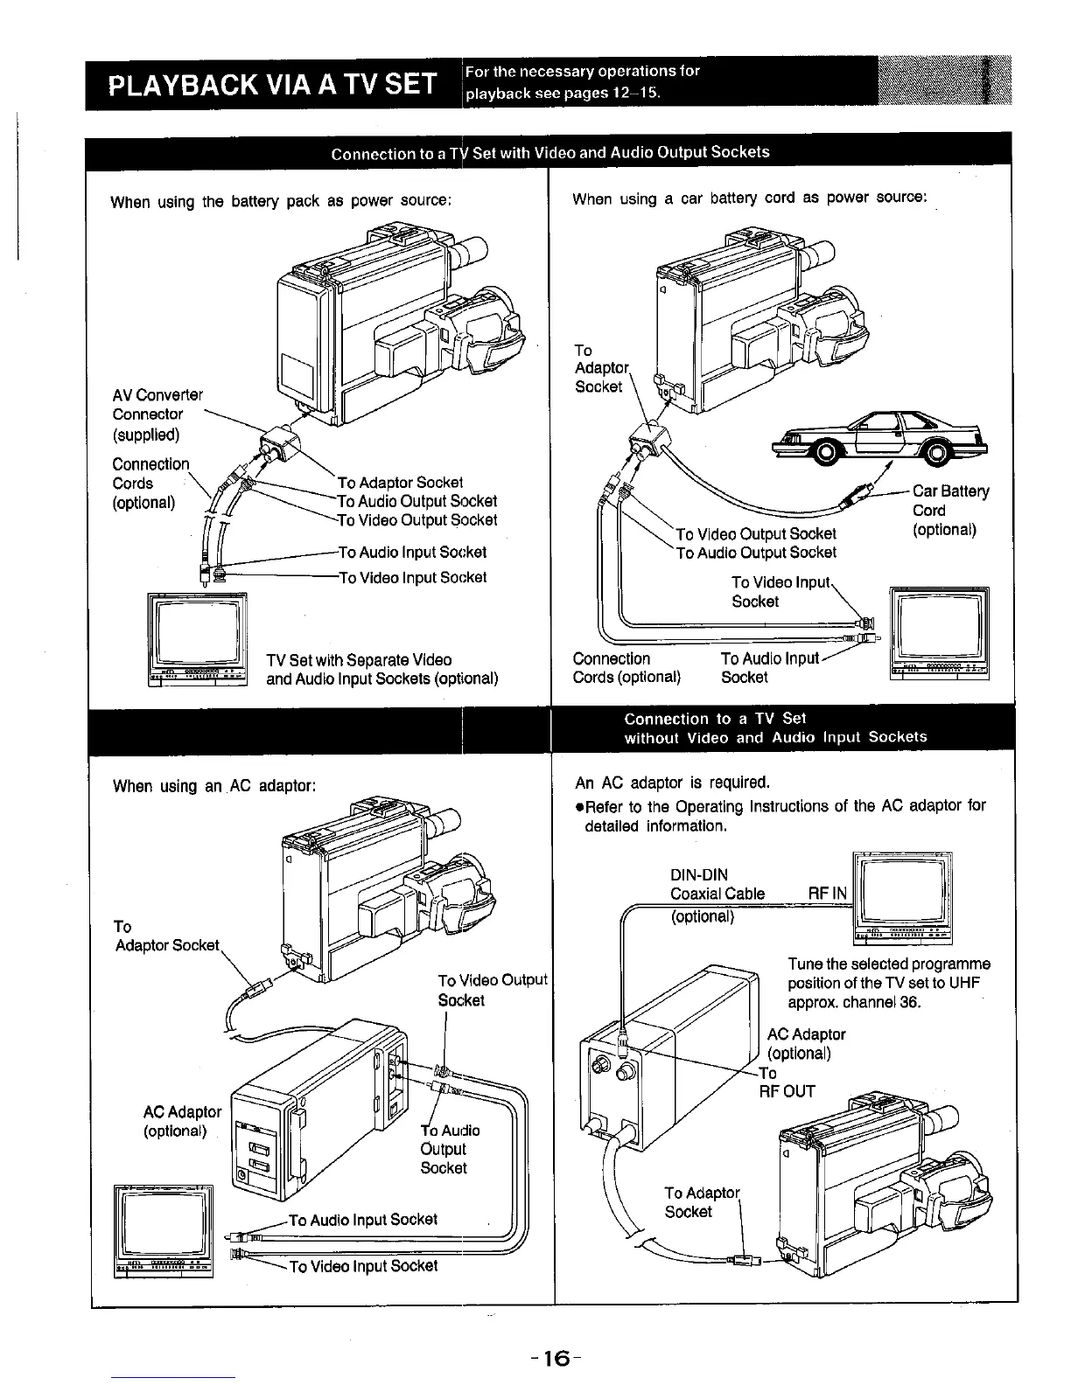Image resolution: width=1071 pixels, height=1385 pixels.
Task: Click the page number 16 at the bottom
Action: click(x=550, y=1358)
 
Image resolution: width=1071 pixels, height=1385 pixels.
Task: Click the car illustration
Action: click(x=884, y=437)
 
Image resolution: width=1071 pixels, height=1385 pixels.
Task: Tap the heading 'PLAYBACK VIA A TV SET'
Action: click(x=271, y=85)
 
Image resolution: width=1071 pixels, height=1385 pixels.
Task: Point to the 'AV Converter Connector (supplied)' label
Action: click(x=157, y=414)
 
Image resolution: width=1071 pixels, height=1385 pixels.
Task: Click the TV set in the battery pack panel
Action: click(x=198, y=639)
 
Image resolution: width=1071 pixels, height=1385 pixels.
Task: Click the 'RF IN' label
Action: click(x=827, y=894)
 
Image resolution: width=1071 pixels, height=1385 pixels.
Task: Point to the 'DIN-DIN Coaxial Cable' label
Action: click(x=717, y=885)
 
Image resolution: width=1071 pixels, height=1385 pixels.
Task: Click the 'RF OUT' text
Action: click(x=787, y=1091)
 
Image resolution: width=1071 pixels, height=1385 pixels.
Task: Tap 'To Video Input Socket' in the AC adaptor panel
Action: click(x=363, y=1266)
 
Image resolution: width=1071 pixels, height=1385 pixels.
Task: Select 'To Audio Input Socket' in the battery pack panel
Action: click(x=412, y=552)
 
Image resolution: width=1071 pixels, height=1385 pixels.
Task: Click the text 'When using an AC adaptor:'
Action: click(x=213, y=785)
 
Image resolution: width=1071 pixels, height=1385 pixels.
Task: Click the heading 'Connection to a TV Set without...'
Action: click(x=775, y=727)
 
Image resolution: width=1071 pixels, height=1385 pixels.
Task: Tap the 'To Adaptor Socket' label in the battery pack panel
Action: click(x=400, y=482)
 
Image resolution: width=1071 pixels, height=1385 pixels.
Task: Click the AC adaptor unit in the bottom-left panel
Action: click(x=315, y=1110)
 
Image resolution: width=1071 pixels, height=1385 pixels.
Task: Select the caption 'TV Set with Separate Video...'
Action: click(x=381, y=669)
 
